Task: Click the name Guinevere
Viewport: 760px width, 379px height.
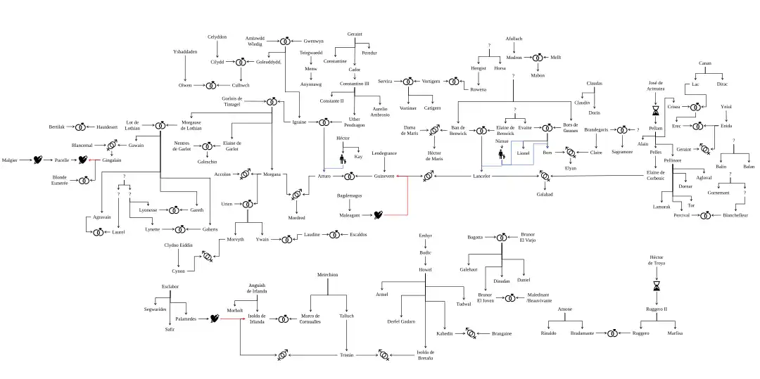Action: coord(384,176)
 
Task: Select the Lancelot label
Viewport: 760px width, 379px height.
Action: coord(481,176)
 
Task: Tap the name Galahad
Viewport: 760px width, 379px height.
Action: coord(545,194)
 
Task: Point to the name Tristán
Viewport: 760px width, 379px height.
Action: coord(347,355)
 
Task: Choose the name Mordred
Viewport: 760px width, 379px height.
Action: coord(297,218)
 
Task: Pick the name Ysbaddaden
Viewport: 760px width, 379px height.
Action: coord(185,51)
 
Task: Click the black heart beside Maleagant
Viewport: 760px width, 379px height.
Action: coord(378,214)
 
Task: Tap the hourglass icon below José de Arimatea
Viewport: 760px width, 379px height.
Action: coord(656,110)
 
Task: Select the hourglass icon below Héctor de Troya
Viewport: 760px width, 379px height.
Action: coord(657,286)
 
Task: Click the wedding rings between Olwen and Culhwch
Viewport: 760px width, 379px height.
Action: coord(210,85)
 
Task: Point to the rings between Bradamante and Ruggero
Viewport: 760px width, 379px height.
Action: coord(612,333)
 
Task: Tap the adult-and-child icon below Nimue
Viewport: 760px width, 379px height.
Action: coord(502,153)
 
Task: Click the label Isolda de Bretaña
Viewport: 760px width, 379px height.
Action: coord(424,355)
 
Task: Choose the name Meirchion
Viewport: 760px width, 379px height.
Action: coord(328,274)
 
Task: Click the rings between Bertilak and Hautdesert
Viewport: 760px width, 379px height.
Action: coord(80,127)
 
